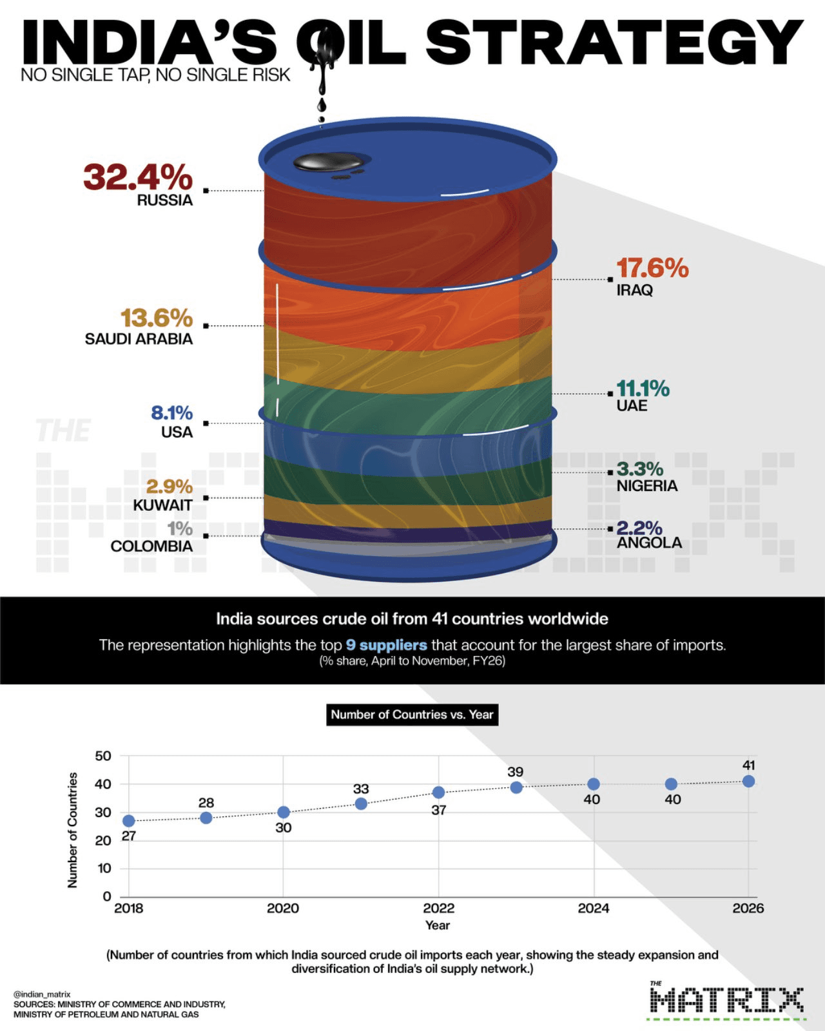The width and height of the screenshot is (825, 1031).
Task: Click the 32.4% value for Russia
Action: (138, 177)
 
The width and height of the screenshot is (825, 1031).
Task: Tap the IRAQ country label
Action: (635, 290)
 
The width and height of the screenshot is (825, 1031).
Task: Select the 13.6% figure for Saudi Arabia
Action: (157, 318)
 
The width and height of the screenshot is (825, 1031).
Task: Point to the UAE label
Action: (632, 405)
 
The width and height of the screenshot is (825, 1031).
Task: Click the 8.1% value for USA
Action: (171, 412)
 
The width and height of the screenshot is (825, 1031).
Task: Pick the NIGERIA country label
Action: (647, 486)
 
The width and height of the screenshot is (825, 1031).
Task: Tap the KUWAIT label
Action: (162, 505)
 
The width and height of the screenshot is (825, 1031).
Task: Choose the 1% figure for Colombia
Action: (180, 529)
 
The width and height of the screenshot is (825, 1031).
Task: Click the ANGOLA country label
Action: (649, 543)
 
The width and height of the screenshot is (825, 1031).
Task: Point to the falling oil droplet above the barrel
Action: (321, 106)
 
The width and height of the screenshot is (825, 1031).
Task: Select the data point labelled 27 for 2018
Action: (129, 821)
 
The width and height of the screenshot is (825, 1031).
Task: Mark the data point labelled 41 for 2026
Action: (748, 781)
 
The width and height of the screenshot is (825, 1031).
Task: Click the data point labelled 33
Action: (361, 804)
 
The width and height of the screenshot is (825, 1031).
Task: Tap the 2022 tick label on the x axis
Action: (438, 909)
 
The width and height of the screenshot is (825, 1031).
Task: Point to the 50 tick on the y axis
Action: (103, 756)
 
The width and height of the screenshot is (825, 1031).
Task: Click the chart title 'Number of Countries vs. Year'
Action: (412, 715)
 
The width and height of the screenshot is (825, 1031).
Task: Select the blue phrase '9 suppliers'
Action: (386, 645)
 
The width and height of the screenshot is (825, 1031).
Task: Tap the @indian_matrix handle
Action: (42, 994)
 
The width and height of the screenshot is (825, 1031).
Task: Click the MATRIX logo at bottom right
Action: (726, 1001)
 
